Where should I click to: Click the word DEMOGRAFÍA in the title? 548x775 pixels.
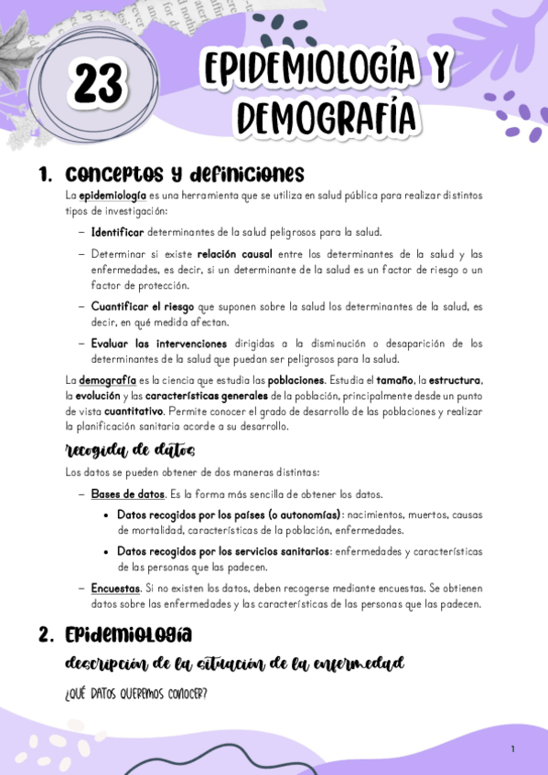(326, 117)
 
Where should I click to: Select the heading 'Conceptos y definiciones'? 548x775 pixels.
(185, 174)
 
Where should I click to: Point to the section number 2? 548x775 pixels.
(46, 634)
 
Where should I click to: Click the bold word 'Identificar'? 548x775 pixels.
(117, 231)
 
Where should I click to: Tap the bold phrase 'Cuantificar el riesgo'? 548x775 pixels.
(143, 306)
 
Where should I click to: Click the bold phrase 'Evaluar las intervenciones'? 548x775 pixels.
(158, 344)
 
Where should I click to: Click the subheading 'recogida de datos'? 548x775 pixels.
(130, 451)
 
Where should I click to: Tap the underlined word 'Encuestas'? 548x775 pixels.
(115, 588)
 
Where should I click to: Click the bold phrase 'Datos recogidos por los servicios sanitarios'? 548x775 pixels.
(223, 551)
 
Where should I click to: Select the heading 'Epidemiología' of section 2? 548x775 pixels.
(128, 634)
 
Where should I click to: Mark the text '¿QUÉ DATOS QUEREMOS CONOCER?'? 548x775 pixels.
(136, 695)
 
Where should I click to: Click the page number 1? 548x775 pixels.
(513, 749)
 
